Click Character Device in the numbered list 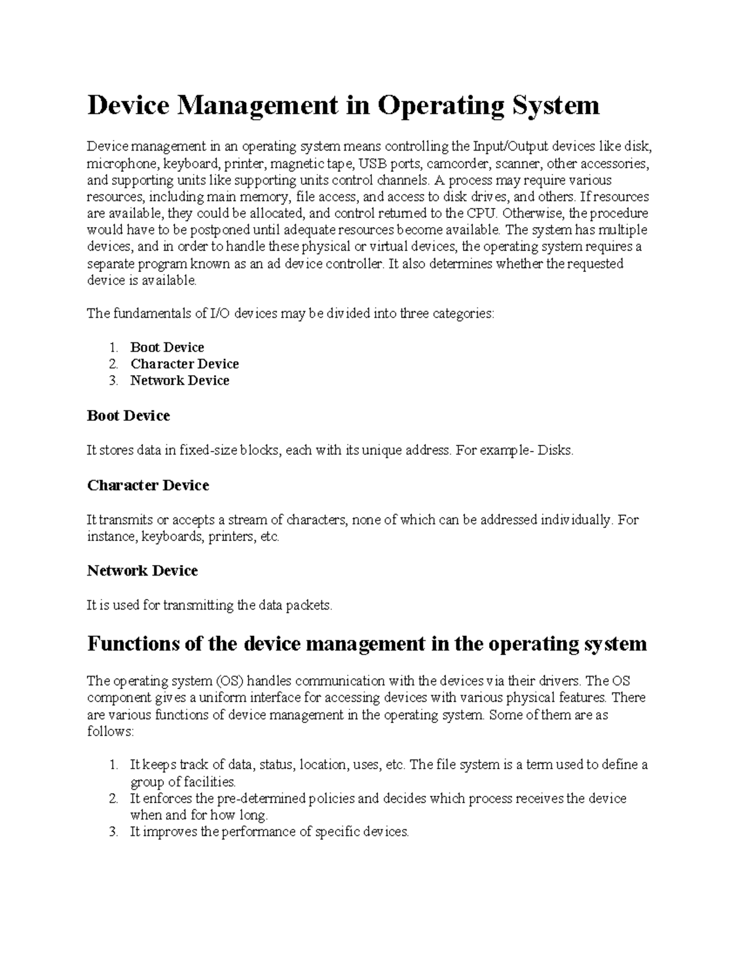point(184,364)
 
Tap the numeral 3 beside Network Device point(113,381)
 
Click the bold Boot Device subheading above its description point(128,416)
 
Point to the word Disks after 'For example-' point(555,451)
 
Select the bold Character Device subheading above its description point(148,485)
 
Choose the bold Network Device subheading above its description point(142,571)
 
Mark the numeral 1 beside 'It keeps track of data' point(113,766)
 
